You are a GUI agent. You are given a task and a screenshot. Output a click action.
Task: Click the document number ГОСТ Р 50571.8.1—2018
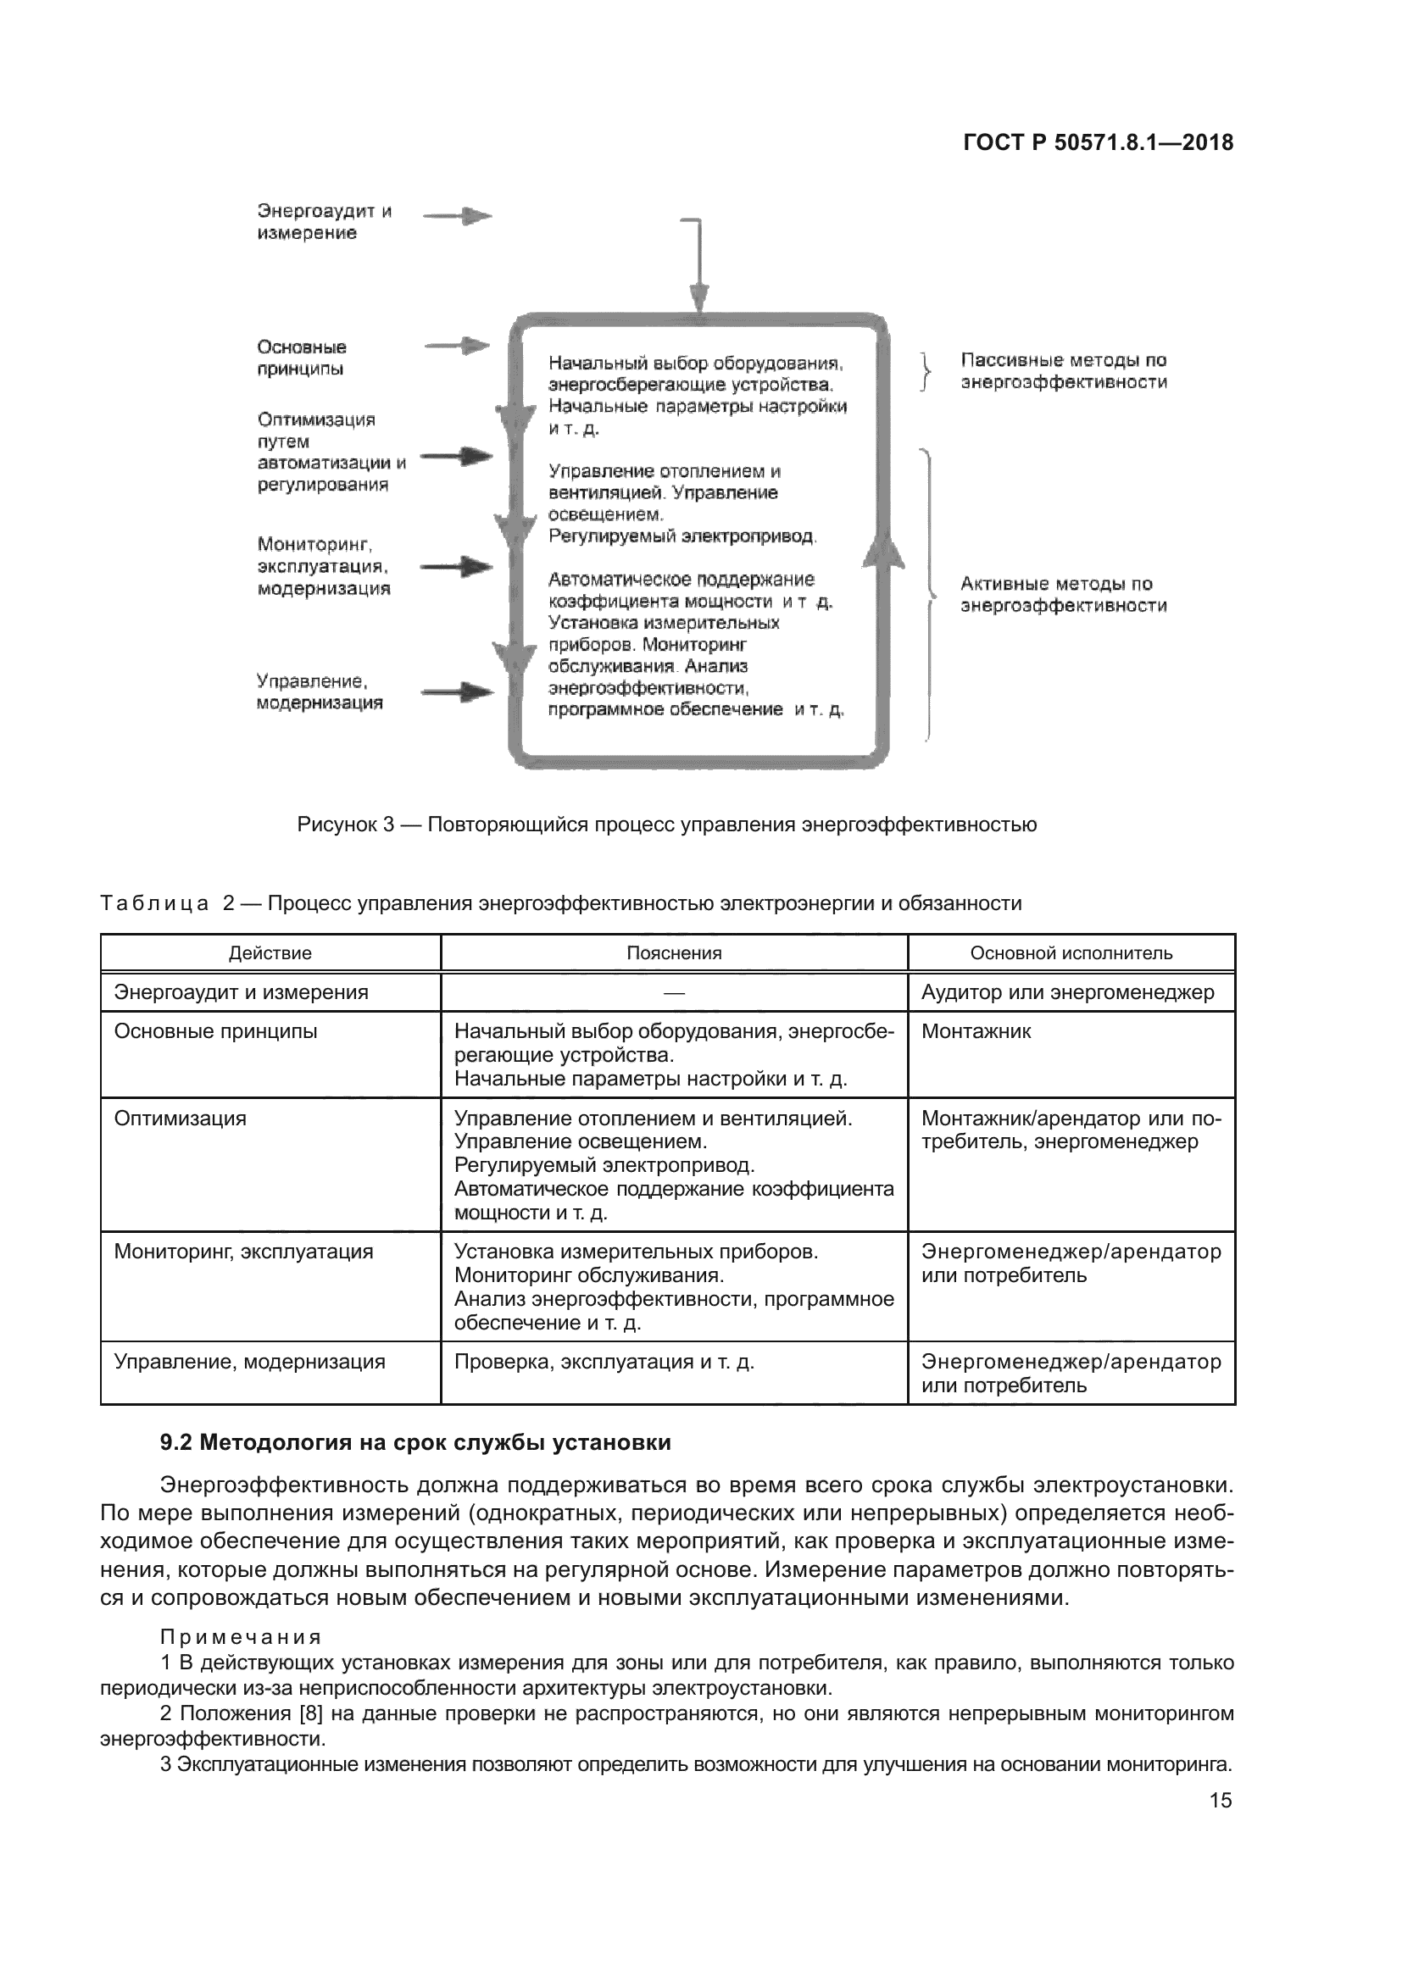point(1097,143)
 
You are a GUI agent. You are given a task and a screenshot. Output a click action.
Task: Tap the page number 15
point(1220,1800)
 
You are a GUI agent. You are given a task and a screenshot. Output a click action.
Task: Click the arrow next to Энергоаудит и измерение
point(458,217)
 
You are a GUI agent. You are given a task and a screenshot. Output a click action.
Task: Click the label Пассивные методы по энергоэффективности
point(1063,371)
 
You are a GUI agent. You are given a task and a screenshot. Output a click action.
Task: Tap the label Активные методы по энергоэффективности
point(1063,595)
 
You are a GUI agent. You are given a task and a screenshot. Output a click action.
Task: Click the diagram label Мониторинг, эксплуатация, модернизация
point(324,566)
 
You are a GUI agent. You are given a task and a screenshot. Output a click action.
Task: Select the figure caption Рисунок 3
point(666,824)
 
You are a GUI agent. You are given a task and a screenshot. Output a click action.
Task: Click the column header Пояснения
point(673,953)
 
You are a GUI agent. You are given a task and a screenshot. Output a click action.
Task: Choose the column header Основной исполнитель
point(1071,953)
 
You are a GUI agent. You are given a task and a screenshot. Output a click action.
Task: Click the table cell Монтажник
point(976,1031)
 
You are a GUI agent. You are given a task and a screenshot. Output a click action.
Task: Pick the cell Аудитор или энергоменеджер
point(1067,993)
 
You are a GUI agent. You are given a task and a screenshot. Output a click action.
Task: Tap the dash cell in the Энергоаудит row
point(673,993)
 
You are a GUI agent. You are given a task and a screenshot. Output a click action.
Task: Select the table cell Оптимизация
point(181,1119)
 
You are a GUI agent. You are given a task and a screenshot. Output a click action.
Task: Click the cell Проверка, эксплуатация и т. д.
point(604,1363)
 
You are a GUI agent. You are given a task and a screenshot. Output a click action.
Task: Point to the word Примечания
point(241,1638)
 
